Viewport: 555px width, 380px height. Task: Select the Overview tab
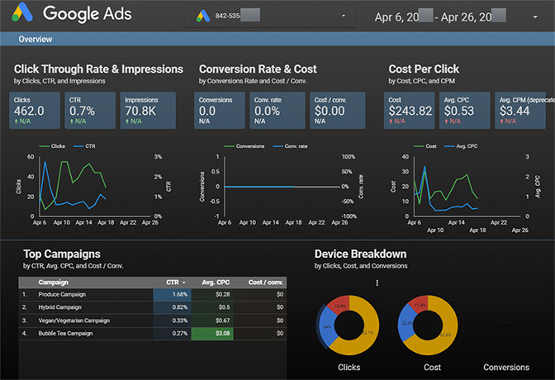pyautogui.click(x=36, y=39)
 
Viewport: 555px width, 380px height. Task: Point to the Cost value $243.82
pyautogui.click(x=410, y=111)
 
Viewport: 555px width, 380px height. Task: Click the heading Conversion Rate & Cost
pyautogui.click(x=258, y=69)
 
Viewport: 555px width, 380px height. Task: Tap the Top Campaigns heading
pyautogui.click(x=62, y=254)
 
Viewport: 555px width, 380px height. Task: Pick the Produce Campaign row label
pyautogui.click(x=62, y=294)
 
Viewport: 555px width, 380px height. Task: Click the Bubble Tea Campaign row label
pyautogui.click(x=66, y=334)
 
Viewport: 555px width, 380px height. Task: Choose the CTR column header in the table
pyautogui.click(x=173, y=282)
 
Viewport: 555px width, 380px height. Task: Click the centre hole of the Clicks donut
pyautogui.click(x=348, y=323)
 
